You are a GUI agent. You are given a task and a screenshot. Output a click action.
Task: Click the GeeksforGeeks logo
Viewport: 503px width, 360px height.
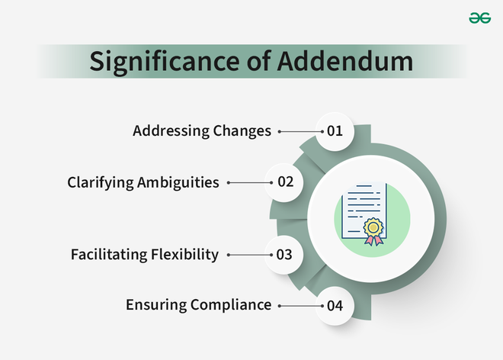[x=480, y=18]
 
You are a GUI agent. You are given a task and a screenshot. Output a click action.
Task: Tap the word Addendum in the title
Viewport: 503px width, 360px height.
[x=345, y=61]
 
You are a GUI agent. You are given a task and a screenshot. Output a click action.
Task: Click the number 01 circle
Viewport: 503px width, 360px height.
[x=335, y=131]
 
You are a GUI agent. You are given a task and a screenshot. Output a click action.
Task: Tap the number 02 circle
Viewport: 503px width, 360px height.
[x=284, y=182]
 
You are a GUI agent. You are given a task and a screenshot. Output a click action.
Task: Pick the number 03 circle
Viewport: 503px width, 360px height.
[x=284, y=255]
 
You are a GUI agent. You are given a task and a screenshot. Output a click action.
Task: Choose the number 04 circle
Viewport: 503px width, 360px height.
[x=335, y=306]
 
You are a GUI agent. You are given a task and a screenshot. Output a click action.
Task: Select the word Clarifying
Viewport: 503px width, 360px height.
[x=101, y=183]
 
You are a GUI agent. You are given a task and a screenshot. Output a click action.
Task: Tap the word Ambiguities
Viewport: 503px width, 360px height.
[x=178, y=183]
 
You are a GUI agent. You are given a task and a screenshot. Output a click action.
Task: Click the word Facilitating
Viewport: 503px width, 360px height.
[x=109, y=254]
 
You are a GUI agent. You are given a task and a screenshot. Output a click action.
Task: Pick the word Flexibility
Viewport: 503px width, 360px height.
[x=184, y=255]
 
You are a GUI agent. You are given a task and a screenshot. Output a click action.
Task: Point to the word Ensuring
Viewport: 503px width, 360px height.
[x=156, y=305]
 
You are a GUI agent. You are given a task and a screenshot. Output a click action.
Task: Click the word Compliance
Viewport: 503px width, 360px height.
[x=231, y=306]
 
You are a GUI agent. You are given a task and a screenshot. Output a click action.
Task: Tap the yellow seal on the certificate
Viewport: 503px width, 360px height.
[x=373, y=227]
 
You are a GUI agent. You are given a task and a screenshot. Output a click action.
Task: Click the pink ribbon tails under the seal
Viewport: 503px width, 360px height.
[x=373, y=240]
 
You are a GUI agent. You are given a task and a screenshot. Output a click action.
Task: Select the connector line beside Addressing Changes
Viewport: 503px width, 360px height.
[x=301, y=131]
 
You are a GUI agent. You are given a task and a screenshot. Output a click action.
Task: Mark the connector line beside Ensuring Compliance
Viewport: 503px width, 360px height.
[x=301, y=306]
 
